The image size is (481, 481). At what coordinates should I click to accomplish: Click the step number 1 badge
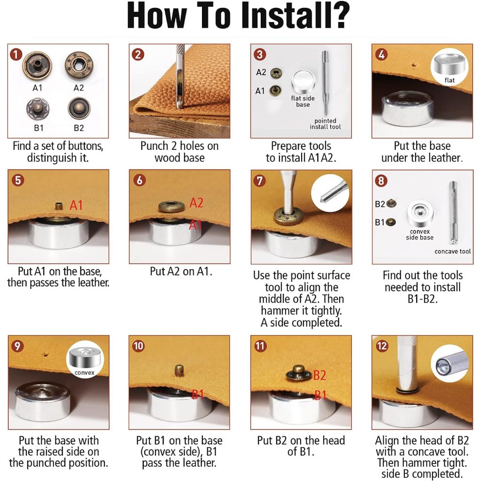[16, 54]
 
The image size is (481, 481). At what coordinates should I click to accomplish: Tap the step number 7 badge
[259, 181]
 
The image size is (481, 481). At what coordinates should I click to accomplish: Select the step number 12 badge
[381, 346]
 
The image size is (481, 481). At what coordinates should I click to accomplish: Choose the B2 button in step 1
[79, 109]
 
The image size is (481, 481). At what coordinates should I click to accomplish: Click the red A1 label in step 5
[76, 205]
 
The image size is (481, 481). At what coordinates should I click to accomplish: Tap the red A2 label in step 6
[196, 203]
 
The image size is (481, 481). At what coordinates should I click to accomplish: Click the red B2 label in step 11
[319, 375]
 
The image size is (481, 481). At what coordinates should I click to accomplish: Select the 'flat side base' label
[303, 101]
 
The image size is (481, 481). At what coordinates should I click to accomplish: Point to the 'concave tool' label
[452, 251]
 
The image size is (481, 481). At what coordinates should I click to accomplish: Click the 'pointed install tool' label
[325, 124]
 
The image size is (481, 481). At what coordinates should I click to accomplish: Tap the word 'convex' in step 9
[85, 372]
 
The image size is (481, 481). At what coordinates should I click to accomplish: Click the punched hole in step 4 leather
[414, 65]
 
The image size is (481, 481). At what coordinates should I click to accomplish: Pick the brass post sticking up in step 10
[179, 370]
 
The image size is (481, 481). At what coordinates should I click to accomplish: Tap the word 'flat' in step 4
[450, 80]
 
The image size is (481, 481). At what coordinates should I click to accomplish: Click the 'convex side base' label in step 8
[419, 234]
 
